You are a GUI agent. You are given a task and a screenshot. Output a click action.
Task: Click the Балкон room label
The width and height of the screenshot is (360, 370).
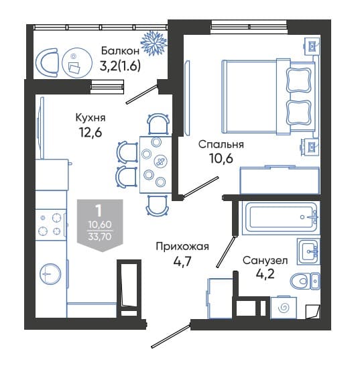coord(120,51)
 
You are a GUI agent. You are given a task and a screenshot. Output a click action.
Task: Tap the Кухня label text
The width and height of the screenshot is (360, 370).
coord(91,117)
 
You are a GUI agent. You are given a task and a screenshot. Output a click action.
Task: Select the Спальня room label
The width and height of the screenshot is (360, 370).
coord(221,144)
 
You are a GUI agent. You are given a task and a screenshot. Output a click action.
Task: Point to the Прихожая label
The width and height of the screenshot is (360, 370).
coord(182,247)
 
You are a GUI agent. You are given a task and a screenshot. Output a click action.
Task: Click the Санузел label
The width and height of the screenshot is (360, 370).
coord(265,261)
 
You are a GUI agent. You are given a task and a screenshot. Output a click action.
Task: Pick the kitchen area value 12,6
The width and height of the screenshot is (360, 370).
coord(91,132)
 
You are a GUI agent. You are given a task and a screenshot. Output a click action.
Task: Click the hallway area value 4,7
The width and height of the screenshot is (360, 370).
coord(182,261)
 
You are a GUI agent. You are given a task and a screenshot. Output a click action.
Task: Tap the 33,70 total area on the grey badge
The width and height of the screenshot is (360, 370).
coord(100,236)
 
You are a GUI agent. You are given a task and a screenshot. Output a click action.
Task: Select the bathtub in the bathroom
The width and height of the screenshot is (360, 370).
coord(280,219)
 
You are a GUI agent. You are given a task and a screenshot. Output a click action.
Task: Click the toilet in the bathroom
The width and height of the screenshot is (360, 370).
coord(305,281)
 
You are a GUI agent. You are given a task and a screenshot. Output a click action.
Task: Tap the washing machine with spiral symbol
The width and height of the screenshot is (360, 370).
coord(284,308)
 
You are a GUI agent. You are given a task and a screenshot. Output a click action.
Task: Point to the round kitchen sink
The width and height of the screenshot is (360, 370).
coord(50,274)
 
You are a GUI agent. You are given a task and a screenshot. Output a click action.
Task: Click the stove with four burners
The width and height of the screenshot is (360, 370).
coord(50,225)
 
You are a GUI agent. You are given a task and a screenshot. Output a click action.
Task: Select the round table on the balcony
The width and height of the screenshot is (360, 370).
coord(76,62)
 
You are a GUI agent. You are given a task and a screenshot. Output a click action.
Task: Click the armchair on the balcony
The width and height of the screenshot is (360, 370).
coord(47,62)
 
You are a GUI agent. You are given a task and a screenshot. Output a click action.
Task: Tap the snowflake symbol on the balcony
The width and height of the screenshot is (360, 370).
coord(154,43)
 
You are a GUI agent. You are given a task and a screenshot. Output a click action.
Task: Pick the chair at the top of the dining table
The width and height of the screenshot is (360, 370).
coord(158,124)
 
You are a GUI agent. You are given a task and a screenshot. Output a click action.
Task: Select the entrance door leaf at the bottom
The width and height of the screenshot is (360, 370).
coord(171,336)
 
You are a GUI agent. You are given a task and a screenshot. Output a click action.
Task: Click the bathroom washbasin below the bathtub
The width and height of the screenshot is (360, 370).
coord(308,251)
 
